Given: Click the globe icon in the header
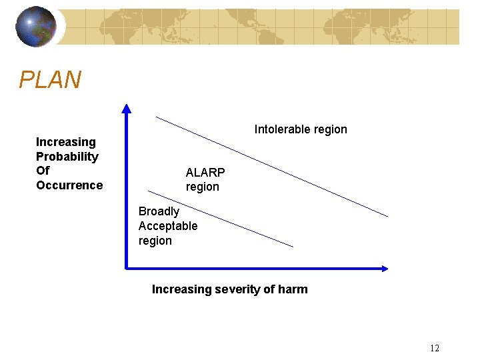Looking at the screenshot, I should pyautogui.click(x=35, y=27).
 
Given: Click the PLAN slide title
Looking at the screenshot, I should pyautogui.click(x=50, y=81).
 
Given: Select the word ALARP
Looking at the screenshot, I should pyautogui.click(x=205, y=173).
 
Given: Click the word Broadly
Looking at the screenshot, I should pyautogui.click(x=159, y=211).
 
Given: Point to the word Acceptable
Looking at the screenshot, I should pyautogui.click(x=168, y=226).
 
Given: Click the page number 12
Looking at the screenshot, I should pyautogui.click(x=435, y=348).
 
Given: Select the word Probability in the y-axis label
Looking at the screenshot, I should pyautogui.click(x=67, y=157).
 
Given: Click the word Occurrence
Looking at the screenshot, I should pyautogui.click(x=69, y=185).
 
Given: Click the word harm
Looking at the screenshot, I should pyautogui.click(x=294, y=289).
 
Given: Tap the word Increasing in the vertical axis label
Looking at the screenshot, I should pyautogui.click(x=66, y=142).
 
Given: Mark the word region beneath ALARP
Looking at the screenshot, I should pyautogui.click(x=202, y=187).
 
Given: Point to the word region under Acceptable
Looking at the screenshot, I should pyautogui.click(x=155, y=241).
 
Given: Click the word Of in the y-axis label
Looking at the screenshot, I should pyautogui.click(x=43, y=171).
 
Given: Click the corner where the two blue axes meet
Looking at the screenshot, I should pyautogui.click(x=127, y=269).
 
